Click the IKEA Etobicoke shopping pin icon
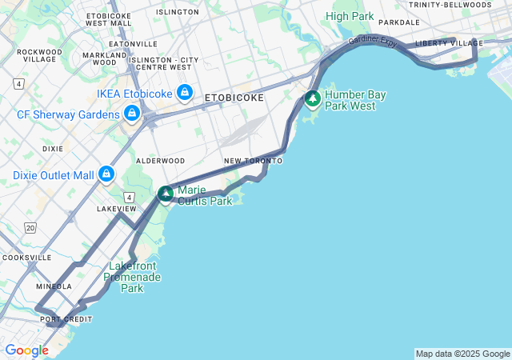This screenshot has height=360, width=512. click(x=185, y=93)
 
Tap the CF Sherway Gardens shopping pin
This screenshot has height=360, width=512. click(x=131, y=114)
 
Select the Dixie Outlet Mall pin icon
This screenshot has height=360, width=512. click(x=106, y=174)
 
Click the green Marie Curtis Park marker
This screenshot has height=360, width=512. click(x=166, y=194)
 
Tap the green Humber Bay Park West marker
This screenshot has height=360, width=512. click(x=313, y=99)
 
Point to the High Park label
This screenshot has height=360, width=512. click(x=349, y=16)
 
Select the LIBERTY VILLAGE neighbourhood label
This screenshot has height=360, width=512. click(x=449, y=43)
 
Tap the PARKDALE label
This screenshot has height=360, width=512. click(x=398, y=22)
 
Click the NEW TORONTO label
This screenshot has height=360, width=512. click(x=253, y=161)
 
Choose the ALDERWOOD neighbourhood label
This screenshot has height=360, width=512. click(x=160, y=161)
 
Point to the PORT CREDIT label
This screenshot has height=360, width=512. click(x=66, y=319)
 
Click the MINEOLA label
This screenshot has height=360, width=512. click(x=54, y=286)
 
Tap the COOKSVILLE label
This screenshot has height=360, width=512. click(x=26, y=258)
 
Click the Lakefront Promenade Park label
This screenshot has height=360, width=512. click(x=134, y=277)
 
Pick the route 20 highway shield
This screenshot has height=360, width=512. click(x=30, y=228)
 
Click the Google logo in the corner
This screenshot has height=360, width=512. click(x=26, y=350)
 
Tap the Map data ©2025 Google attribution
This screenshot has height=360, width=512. click(x=462, y=354)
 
